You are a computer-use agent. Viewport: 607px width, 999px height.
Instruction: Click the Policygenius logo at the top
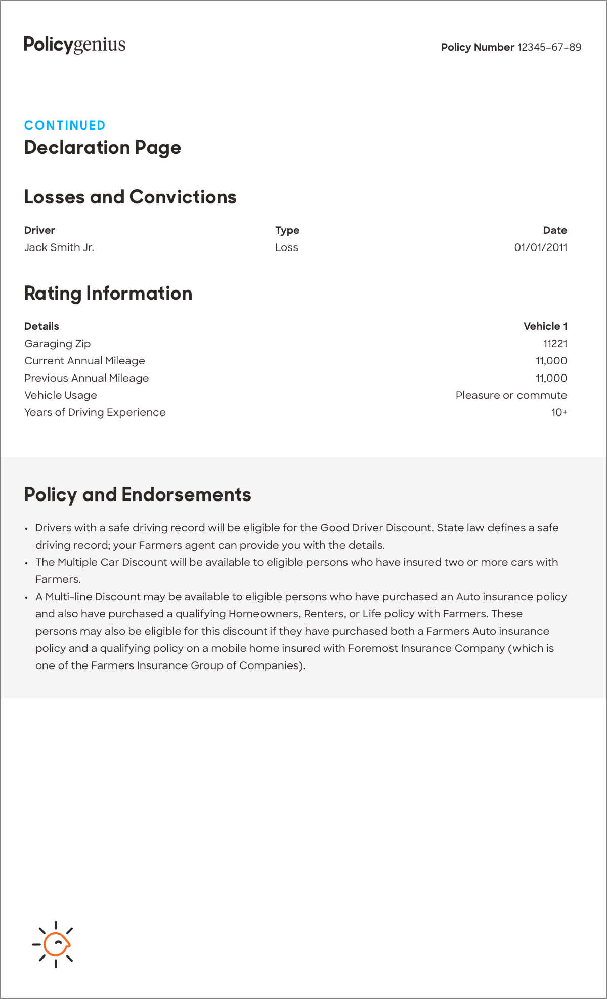(75, 45)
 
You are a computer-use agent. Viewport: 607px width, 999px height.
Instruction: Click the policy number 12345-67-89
(549, 47)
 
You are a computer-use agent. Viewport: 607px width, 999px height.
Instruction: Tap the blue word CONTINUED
(65, 125)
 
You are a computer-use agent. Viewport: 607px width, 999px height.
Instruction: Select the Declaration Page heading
(103, 147)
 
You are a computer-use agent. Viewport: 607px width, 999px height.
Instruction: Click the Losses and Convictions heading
(130, 197)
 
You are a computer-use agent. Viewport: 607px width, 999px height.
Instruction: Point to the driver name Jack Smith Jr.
(59, 247)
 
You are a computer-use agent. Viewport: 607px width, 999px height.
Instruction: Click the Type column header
(287, 230)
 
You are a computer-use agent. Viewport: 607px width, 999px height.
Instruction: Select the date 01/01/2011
(540, 247)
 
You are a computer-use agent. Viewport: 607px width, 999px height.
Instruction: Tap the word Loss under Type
(286, 247)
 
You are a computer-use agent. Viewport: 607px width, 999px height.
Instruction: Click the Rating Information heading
(108, 294)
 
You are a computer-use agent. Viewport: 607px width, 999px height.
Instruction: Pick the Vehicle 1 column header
(545, 326)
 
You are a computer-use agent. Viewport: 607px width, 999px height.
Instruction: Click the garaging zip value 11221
(555, 344)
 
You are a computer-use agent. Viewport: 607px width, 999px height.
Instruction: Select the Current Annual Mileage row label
(84, 361)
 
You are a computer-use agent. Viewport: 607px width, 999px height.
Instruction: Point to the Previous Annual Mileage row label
(86, 378)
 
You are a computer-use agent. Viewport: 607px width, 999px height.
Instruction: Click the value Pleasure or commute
(511, 395)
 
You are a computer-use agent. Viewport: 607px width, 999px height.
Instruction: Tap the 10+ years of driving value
(559, 412)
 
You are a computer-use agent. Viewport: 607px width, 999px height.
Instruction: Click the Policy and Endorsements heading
(138, 494)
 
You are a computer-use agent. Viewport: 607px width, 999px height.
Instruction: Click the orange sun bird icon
(55, 944)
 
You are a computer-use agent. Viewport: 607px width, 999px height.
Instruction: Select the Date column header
(554, 230)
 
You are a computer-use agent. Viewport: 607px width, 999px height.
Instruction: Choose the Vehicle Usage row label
(61, 395)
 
